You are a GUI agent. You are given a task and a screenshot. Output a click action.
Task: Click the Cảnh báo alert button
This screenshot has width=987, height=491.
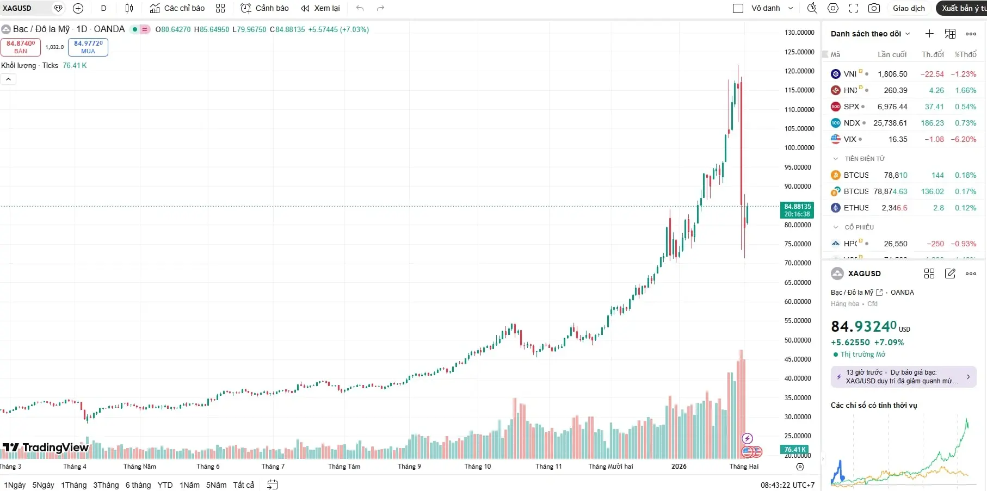265,8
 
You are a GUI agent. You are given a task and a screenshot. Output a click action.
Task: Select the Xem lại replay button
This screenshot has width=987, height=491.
320,8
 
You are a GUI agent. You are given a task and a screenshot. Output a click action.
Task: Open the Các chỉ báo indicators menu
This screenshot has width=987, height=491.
177,8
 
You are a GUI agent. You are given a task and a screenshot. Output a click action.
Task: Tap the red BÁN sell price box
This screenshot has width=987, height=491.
21,47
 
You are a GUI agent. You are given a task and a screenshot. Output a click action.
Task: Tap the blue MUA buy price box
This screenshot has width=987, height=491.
88,47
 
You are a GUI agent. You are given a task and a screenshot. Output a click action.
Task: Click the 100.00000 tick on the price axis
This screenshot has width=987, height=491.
799,148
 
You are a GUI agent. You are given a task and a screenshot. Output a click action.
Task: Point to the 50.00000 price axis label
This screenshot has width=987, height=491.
799,340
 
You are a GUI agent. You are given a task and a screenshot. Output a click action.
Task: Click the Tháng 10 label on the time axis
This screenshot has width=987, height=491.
477,467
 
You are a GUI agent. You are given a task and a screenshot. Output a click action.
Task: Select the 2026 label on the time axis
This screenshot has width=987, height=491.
678,467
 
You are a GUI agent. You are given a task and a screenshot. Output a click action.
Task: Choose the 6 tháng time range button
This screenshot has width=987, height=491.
138,485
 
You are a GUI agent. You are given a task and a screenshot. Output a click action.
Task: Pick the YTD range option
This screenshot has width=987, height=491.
165,485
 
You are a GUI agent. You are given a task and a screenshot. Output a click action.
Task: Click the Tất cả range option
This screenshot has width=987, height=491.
243,485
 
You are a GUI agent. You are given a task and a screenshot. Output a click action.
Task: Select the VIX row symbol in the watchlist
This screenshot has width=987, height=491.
850,139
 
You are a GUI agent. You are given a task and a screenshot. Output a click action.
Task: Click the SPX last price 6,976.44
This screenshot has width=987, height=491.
892,107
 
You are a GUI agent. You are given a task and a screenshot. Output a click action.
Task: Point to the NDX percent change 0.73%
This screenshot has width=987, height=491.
965,123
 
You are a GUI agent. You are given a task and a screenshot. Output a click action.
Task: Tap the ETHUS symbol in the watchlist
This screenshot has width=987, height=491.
856,208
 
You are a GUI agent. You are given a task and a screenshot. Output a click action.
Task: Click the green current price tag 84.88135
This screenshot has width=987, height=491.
797,210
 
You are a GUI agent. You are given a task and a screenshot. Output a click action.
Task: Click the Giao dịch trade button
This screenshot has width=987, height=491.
909,8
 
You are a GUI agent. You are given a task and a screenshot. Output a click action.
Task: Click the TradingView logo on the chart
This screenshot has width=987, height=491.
46,448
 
